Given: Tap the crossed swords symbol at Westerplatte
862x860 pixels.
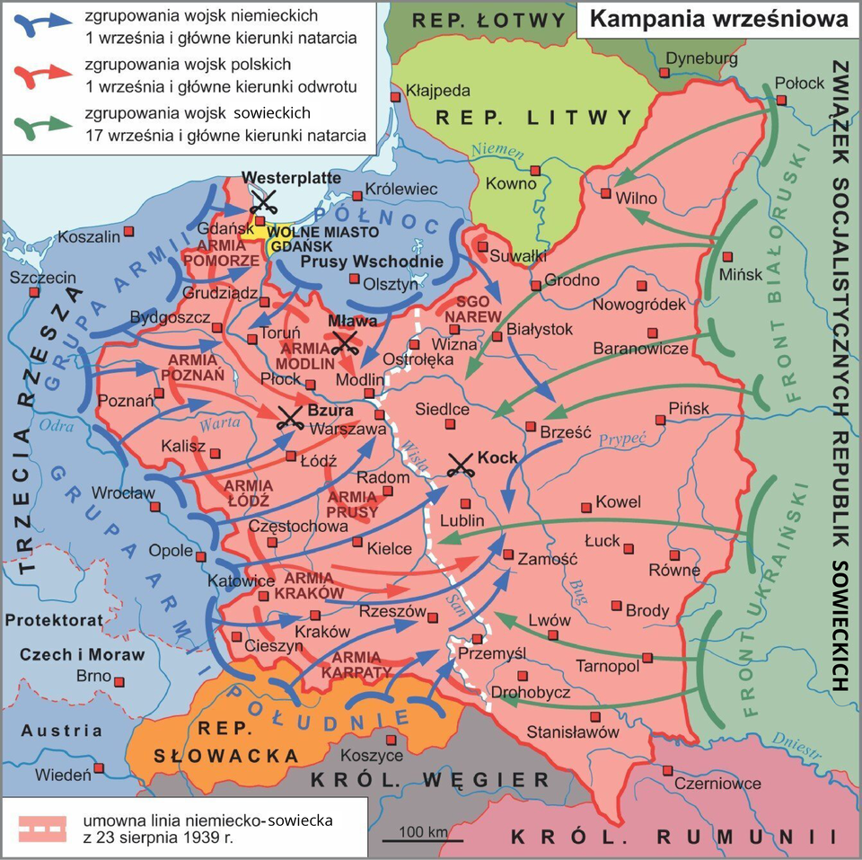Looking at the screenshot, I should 262,199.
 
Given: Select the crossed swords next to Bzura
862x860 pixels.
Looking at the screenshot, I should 289,416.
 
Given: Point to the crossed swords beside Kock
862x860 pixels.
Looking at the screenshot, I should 461,464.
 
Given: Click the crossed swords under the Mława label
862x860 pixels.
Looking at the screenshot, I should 345,341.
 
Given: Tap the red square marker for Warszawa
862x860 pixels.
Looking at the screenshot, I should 379,415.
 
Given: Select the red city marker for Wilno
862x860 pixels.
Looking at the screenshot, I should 607,193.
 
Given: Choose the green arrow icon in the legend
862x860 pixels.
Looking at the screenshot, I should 41,125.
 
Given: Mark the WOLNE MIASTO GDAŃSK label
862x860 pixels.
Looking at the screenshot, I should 317,237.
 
